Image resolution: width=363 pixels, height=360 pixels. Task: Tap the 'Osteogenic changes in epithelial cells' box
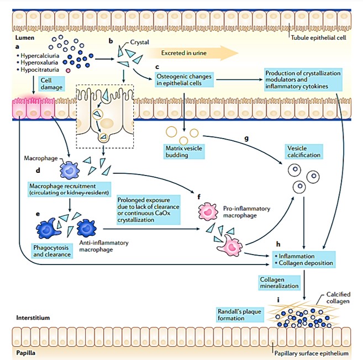tap(183, 80)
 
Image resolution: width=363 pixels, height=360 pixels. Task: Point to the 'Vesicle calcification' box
tap(304, 152)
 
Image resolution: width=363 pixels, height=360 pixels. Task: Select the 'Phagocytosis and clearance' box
tap(52, 251)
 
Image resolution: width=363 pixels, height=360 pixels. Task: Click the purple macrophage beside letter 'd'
tap(70, 171)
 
